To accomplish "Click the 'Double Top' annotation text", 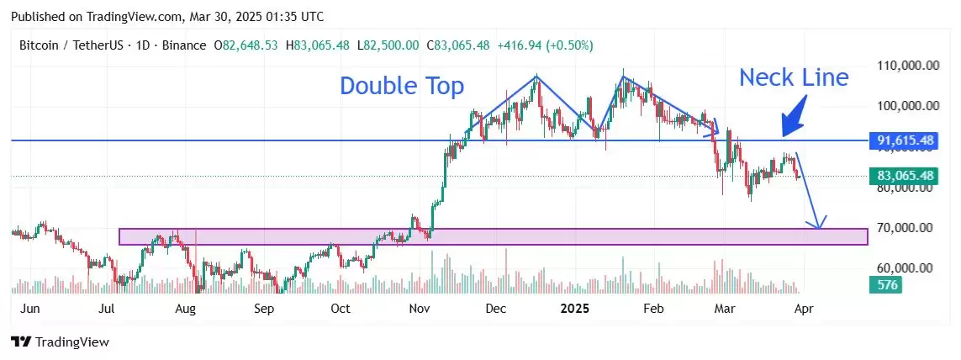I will pos(402,86).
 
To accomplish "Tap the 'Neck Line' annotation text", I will pos(794,78).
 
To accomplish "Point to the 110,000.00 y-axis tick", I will pos(905,66).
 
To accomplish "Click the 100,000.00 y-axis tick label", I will pos(905,106).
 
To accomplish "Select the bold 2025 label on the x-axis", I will pos(576,309).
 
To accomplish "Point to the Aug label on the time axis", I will pos(185,309).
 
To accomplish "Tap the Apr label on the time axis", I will pos(803,309).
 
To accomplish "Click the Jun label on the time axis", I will pos(29,309).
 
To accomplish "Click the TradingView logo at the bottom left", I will pos(60,342).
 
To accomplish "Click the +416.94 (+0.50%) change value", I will pos(546,45).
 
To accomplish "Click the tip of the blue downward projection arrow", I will pos(817,228).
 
